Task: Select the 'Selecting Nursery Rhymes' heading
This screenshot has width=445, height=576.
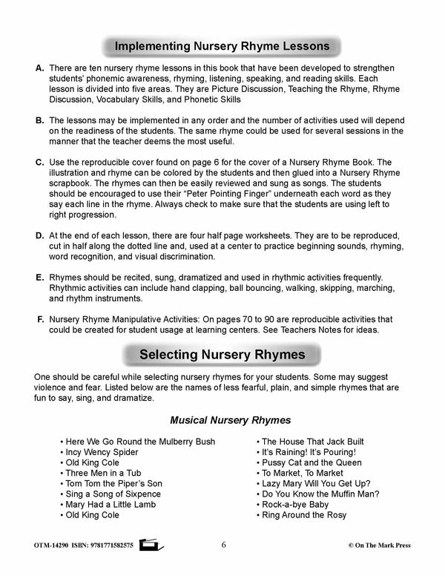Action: click(x=222, y=355)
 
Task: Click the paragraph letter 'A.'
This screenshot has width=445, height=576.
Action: click(x=41, y=68)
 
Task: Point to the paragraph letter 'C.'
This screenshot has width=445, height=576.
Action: click(x=41, y=161)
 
